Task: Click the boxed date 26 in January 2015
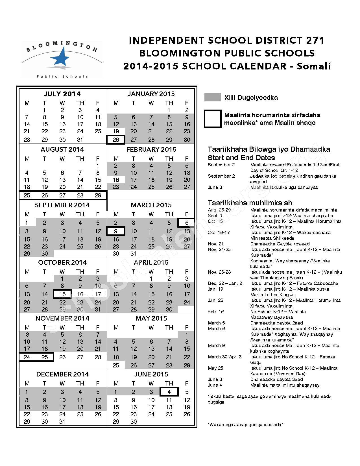click(x=116, y=140)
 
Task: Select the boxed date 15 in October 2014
click(x=62, y=294)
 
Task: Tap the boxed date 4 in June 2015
click(x=169, y=392)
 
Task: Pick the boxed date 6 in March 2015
click(x=186, y=223)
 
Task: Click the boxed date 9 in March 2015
click(x=116, y=231)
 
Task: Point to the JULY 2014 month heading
click(x=62, y=94)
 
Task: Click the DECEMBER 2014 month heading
click(x=62, y=374)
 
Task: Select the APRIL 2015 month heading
click(x=151, y=262)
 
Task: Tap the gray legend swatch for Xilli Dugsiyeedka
click(x=213, y=97)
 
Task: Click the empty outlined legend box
click(x=213, y=119)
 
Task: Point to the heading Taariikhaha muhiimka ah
click(x=250, y=203)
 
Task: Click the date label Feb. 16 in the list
click(x=216, y=312)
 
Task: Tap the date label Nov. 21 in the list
click(x=215, y=244)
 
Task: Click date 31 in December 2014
click(x=62, y=421)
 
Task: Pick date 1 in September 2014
click(x=27, y=223)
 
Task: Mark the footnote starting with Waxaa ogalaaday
click(x=245, y=424)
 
